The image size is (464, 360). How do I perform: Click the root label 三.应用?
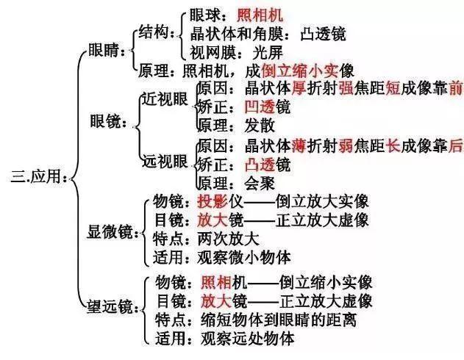(x=35, y=177)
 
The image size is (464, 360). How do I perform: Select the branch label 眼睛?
(x=103, y=50)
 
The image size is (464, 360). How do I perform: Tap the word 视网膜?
(x=213, y=53)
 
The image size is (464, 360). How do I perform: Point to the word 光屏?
(x=268, y=53)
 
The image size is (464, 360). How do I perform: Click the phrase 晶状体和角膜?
(x=236, y=34)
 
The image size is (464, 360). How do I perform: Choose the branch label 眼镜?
(x=105, y=121)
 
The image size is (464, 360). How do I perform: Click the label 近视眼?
(x=165, y=99)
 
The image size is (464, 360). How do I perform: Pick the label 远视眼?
(x=165, y=162)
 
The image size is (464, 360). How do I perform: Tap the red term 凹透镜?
(x=267, y=107)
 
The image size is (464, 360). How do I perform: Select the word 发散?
(x=260, y=126)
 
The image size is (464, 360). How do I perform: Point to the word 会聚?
(x=260, y=183)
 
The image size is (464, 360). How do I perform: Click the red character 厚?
(x=299, y=88)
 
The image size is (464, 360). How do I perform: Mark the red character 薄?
(x=299, y=146)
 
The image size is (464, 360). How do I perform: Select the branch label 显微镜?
(x=110, y=231)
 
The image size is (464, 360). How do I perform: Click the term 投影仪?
(x=220, y=201)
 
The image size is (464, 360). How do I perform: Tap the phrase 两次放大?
(x=228, y=239)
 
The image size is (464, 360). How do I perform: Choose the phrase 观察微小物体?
(x=244, y=257)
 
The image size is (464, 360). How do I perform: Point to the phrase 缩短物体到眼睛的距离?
(x=279, y=320)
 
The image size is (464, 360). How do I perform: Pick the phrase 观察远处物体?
(x=247, y=339)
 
